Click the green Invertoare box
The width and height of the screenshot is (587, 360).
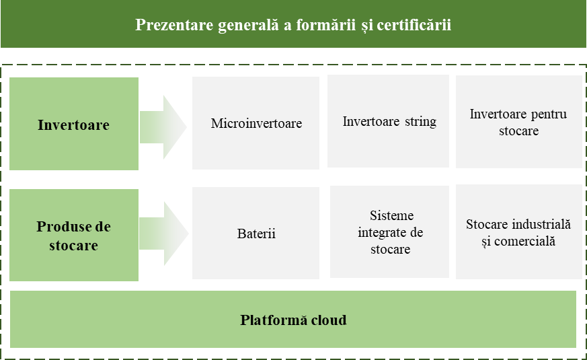tap(74, 124)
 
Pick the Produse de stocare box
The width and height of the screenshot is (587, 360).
tap(74, 235)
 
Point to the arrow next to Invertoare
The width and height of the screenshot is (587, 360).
tap(163, 127)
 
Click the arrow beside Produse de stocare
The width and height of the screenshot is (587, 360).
tap(163, 233)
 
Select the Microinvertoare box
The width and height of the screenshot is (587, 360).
tap(256, 123)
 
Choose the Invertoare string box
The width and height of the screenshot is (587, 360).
tap(388, 121)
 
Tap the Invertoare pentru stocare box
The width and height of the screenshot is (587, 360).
tap(519, 122)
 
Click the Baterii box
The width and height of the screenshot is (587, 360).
tap(256, 233)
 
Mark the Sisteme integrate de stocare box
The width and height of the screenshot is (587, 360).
tap(389, 232)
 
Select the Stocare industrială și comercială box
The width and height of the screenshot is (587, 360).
tap(519, 232)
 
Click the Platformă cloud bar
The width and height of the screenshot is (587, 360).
tap(293, 319)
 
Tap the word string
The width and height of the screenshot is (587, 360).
tap(420, 122)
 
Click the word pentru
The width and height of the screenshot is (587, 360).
tap(549, 114)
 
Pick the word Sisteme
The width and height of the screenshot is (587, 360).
tap(391, 215)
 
